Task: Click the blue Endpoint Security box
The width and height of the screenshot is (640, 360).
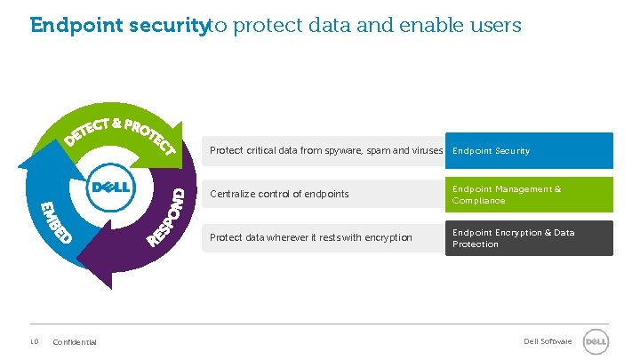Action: pyautogui.click(x=529, y=150)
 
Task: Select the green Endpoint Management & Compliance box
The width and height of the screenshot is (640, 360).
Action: pyautogui.click(x=529, y=195)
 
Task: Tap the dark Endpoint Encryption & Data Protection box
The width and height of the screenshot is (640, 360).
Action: pyautogui.click(x=529, y=238)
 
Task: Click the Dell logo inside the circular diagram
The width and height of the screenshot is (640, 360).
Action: pyautogui.click(x=110, y=188)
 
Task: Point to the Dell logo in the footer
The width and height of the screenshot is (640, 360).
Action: pyautogui.click(x=595, y=341)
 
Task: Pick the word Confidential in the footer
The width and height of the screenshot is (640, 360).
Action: pyautogui.click(x=75, y=342)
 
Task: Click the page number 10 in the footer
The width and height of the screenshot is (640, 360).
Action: pyautogui.click(x=33, y=341)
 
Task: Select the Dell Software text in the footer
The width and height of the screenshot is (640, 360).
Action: pyautogui.click(x=548, y=341)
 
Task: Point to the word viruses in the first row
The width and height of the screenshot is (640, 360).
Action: pyautogui.click(x=428, y=151)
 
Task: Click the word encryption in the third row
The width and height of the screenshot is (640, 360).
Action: pyautogui.click(x=388, y=237)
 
